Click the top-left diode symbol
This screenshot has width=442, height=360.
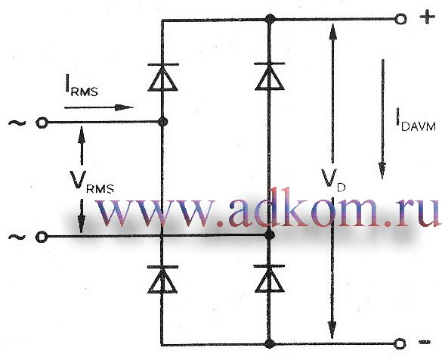(x=162, y=77)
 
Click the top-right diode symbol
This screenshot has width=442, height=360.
(x=270, y=76)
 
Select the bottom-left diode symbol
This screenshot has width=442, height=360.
(x=162, y=279)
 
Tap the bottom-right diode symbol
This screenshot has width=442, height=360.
(x=269, y=279)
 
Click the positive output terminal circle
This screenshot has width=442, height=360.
(x=400, y=19)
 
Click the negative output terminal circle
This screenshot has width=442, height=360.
(x=400, y=344)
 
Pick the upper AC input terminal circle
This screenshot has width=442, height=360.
(x=42, y=123)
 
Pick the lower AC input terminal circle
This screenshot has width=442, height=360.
(x=42, y=237)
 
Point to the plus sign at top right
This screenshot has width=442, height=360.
(x=428, y=17)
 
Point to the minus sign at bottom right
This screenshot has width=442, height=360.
(x=425, y=342)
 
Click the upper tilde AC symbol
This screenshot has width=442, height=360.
(x=17, y=123)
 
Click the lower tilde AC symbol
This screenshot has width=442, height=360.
(x=17, y=237)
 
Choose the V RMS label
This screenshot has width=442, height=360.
(x=92, y=182)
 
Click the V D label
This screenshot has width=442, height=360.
(x=333, y=181)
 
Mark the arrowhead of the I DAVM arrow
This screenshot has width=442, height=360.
(x=382, y=170)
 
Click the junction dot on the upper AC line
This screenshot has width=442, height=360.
(x=162, y=123)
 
